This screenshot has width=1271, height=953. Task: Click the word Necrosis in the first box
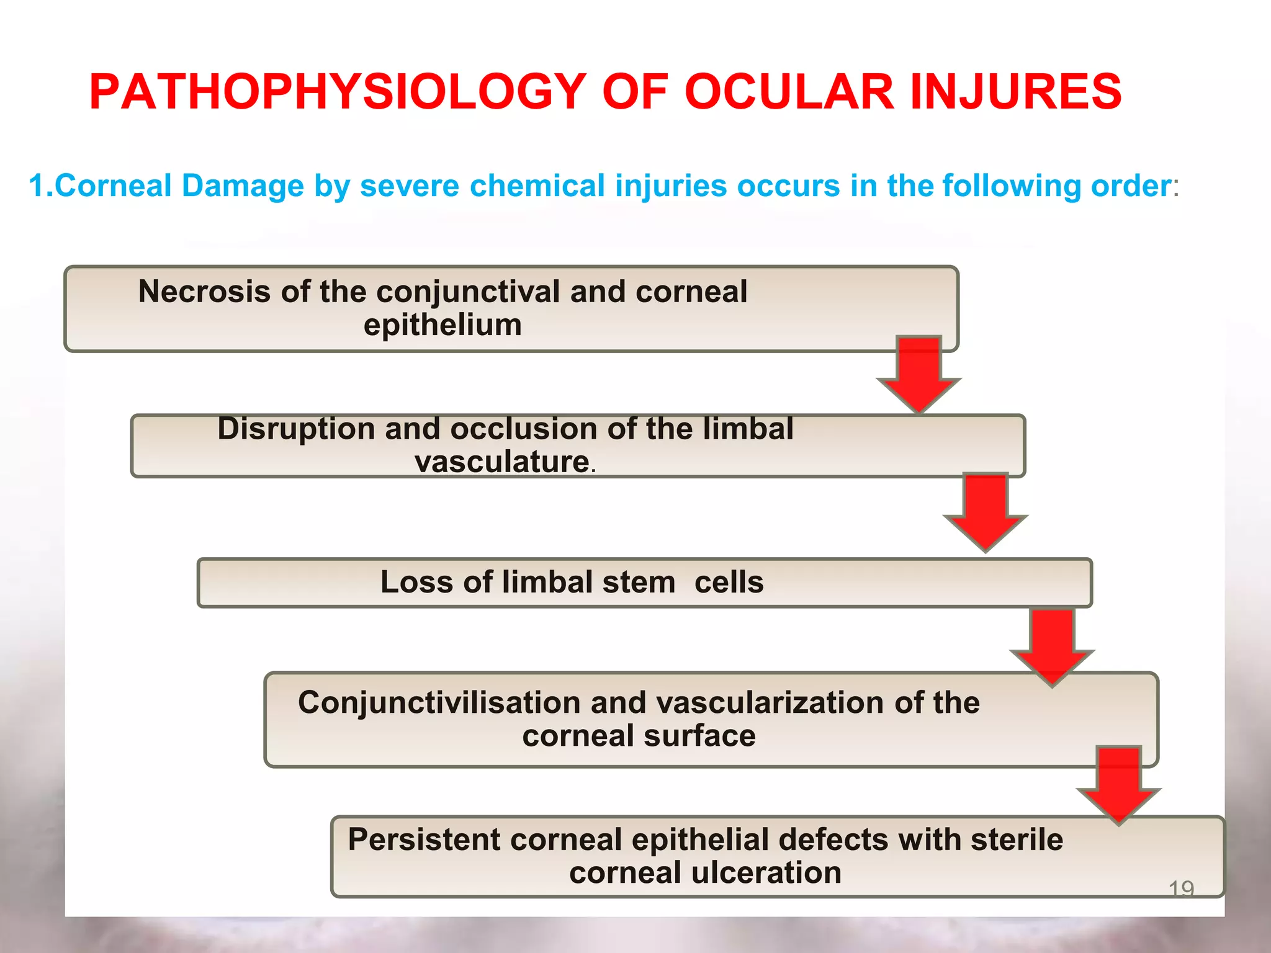click(204, 291)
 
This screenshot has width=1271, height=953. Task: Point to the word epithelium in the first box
click(442, 324)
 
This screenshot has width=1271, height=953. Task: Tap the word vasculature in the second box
click(501, 462)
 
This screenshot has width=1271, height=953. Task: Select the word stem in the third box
click(637, 582)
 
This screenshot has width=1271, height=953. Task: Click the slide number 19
click(1181, 889)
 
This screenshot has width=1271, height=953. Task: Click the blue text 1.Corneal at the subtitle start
click(100, 186)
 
